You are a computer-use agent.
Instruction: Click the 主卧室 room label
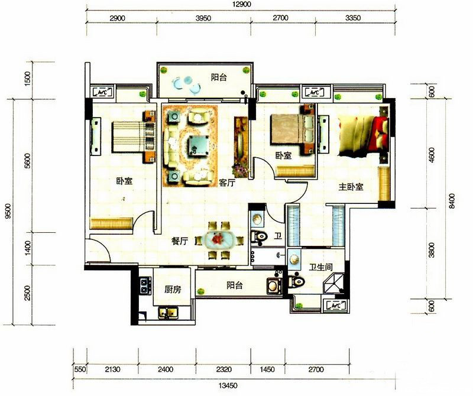(x=351, y=187)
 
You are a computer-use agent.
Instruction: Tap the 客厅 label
(x=227, y=183)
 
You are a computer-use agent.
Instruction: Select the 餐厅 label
(x=180, y=241)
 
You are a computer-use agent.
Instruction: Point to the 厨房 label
(x=173, y=290)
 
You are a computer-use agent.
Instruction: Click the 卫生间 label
(x=320, y=267)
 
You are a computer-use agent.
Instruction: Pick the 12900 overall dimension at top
(x=241, y=4)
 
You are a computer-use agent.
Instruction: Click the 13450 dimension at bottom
(x=228, y=385)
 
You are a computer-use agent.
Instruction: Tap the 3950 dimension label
(x=203, y=18)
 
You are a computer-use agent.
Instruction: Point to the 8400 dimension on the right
(x=452, y=200)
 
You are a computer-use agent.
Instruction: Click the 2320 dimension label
(x=224, y=369)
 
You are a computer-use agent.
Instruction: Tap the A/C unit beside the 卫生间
(x=335, y=306)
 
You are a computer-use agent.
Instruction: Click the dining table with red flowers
(x=218, y=241)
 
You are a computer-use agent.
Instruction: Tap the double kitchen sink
(x=169, y=313)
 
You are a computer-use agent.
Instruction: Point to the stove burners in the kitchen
(x=145, y=285)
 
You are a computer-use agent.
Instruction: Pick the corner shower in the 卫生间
(x=333, y=284)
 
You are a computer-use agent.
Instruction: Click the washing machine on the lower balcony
(x=274, y=285)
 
